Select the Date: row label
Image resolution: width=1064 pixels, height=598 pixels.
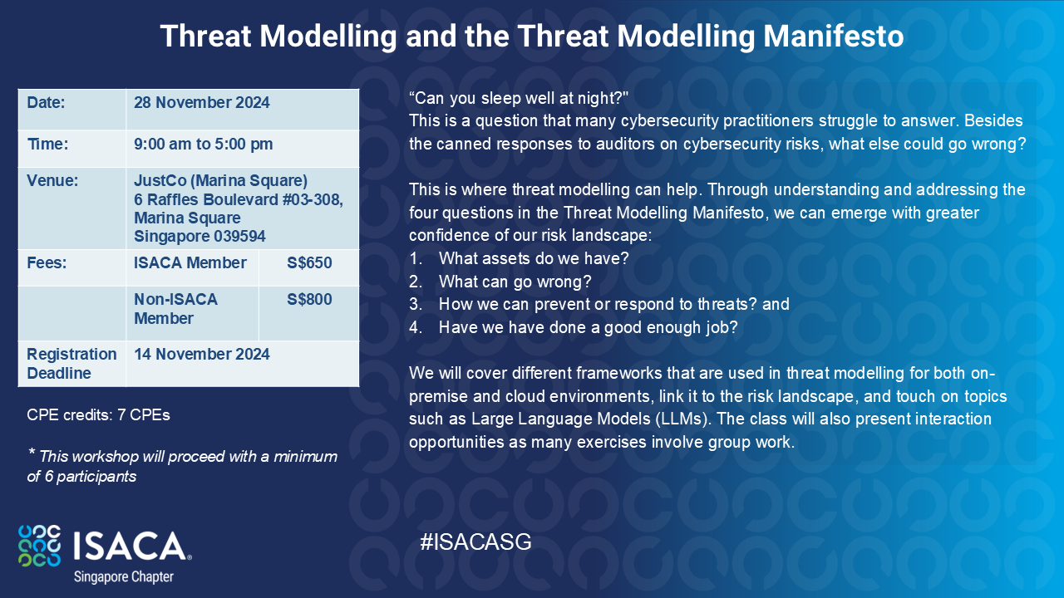coord(46,103)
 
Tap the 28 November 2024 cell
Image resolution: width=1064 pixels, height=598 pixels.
coord(202,103)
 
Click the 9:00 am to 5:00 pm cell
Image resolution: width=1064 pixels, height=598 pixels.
coord(204,145)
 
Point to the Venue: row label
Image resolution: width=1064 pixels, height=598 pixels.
coord(52,181)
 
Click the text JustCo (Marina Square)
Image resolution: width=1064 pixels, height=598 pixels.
coord(220,181)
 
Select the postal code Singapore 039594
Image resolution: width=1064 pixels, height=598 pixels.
coord(199,237)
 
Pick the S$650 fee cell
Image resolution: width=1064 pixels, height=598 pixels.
coord(309,264)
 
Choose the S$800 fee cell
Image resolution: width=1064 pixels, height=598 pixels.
coord(309,300)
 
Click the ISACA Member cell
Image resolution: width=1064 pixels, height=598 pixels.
coord(190,264)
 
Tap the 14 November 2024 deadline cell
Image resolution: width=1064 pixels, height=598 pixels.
coord(202,355)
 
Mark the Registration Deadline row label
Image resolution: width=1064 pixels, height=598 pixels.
coord(71,364)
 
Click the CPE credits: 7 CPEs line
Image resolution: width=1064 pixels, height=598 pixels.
coord(98,414)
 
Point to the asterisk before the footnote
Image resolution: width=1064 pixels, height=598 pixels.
coord(32,453)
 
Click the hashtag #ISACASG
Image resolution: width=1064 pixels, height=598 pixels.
coord(475,543)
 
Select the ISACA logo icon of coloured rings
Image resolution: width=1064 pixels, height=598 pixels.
coord(39,546)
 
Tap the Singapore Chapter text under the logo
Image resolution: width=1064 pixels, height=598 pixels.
coord(124,576)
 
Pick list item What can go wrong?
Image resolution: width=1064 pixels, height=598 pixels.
coord(515,282)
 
